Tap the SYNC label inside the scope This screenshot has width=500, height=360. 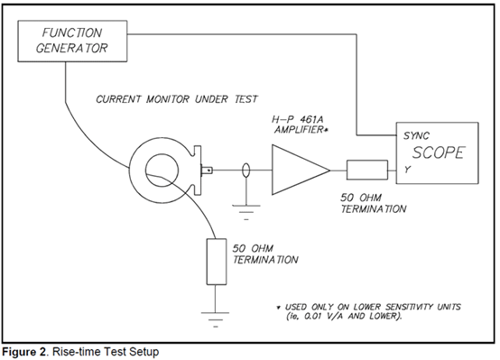(x=416, y=136)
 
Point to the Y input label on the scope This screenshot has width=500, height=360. (x=407, y=170)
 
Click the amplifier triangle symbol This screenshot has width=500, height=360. (x=301, y=170)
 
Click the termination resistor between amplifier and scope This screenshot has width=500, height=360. (x=367, y=170)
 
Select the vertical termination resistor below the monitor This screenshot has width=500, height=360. (x=217, y=262)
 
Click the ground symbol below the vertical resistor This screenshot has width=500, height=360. (x=215, y=319)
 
